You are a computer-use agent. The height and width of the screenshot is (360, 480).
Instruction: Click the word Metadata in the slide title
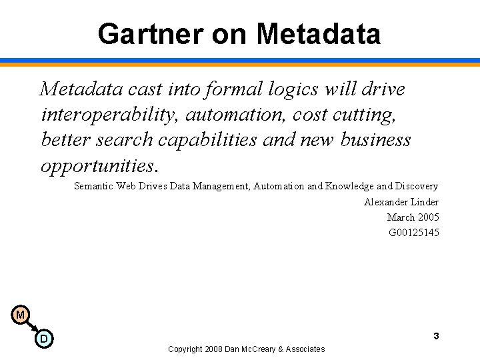318,34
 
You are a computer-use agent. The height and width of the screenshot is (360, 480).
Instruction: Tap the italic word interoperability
110,115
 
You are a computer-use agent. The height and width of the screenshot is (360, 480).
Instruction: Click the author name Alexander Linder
401,202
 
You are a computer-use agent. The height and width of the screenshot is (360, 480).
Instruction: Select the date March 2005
413,217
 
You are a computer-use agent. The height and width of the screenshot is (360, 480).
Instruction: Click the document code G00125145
414,233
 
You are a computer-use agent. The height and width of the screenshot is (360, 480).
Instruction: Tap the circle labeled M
20,315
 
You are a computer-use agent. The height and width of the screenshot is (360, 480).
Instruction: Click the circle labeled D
44,339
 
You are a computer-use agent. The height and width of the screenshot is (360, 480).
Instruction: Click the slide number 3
436,336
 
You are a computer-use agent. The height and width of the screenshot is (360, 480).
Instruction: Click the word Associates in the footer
306,349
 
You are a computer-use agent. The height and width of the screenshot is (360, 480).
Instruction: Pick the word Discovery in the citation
417,187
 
